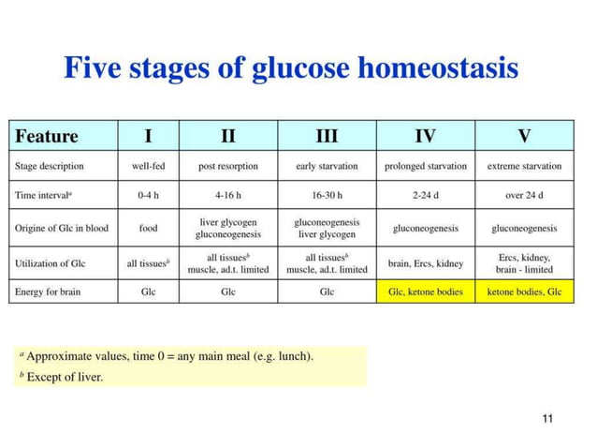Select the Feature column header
pyautogui.click(x=47, y=137)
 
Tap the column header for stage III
pyautogui.click(x=327, y=137)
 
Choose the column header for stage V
pyautogui.click(x=524, y=137)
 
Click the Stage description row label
pyautogui.click(x=50, y=166)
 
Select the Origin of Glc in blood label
pyautogui.click(x=62, y=228)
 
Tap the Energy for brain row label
pyautogui.click(x=48, y=291)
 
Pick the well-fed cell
pyautogui.click(x=148, y=166)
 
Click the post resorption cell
pyautogui.click(x=227, y=166)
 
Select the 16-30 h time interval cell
pyautogui.click(x=327, y=196)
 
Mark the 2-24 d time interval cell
pyautogui.click(x=425, y=196)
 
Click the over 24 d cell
pyautogui.click(x=524, y=196)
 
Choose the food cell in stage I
pyautogui.click(x=148, y=228)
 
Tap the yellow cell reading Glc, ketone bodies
pyautogui.click(x=425, y=291)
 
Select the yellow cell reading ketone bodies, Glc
pyautogui.click(x=524, y=291)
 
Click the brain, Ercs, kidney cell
pyautogui.click(x=425, y=263)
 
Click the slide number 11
pyautogui.click(x=548, y=417)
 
